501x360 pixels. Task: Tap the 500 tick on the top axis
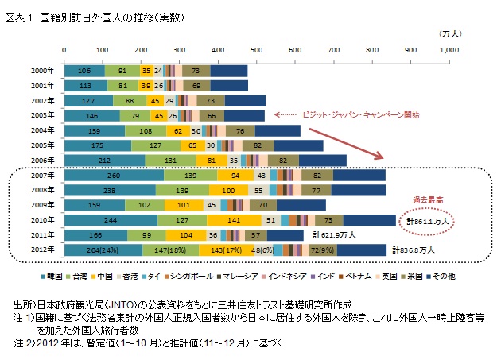coord(256,49)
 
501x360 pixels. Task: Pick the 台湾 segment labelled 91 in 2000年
coord(122,70)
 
